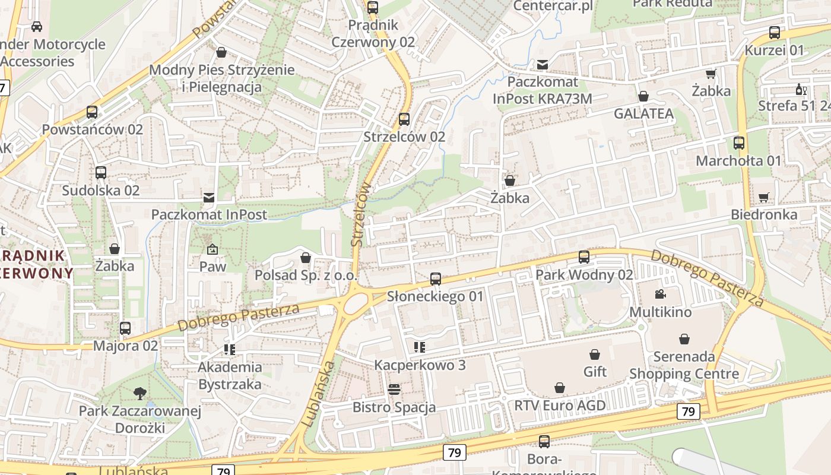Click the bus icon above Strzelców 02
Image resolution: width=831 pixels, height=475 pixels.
(x=404, y=119)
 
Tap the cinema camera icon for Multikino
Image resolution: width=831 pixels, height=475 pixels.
(x=660, y=294)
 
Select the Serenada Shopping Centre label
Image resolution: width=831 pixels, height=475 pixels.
(x=684, y=365)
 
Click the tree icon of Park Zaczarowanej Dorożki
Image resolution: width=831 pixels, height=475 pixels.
(x=140, y=392)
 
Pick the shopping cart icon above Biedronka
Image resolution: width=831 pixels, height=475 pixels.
(x=764, y=197)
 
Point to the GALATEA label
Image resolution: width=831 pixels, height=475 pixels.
(x=643, y=113)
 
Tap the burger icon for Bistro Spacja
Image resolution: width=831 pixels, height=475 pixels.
(x=394, y=389)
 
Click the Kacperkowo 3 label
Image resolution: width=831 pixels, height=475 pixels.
(x=420, y=365)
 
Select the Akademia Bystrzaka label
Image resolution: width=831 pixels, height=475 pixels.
(x=230, y=376)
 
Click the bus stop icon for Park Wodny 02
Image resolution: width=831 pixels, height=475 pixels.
(x=584, y=257)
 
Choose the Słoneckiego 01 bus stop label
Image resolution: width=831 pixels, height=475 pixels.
(x=435, y=296)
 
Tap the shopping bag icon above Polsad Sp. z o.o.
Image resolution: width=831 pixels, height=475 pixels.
(x=306, y=258)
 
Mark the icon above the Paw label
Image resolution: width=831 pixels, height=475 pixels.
(x=212, y=249)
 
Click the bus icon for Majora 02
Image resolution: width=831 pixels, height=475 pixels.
(x=125, y=328)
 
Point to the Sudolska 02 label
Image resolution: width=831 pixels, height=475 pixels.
(x=101, y=191)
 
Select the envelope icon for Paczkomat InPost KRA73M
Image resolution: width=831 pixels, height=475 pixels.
(x=543, y=64)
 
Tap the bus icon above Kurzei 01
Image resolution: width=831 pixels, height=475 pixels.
(x=775, y=33)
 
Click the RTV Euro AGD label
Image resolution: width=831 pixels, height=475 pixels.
(x=560, y=406)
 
